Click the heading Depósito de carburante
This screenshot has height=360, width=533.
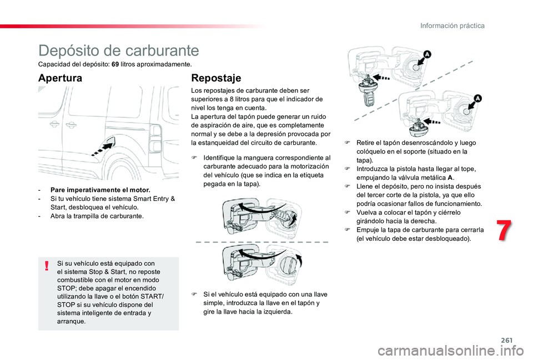click(119, 50)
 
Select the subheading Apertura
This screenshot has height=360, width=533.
click(60, 78)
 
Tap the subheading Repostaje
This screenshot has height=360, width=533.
click(216, 78)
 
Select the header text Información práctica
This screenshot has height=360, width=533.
click(452, 26)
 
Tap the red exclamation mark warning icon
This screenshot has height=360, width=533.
click(48, 266)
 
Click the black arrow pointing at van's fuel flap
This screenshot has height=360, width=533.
click(103, 148)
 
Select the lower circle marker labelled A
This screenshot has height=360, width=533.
click(478, 99)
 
